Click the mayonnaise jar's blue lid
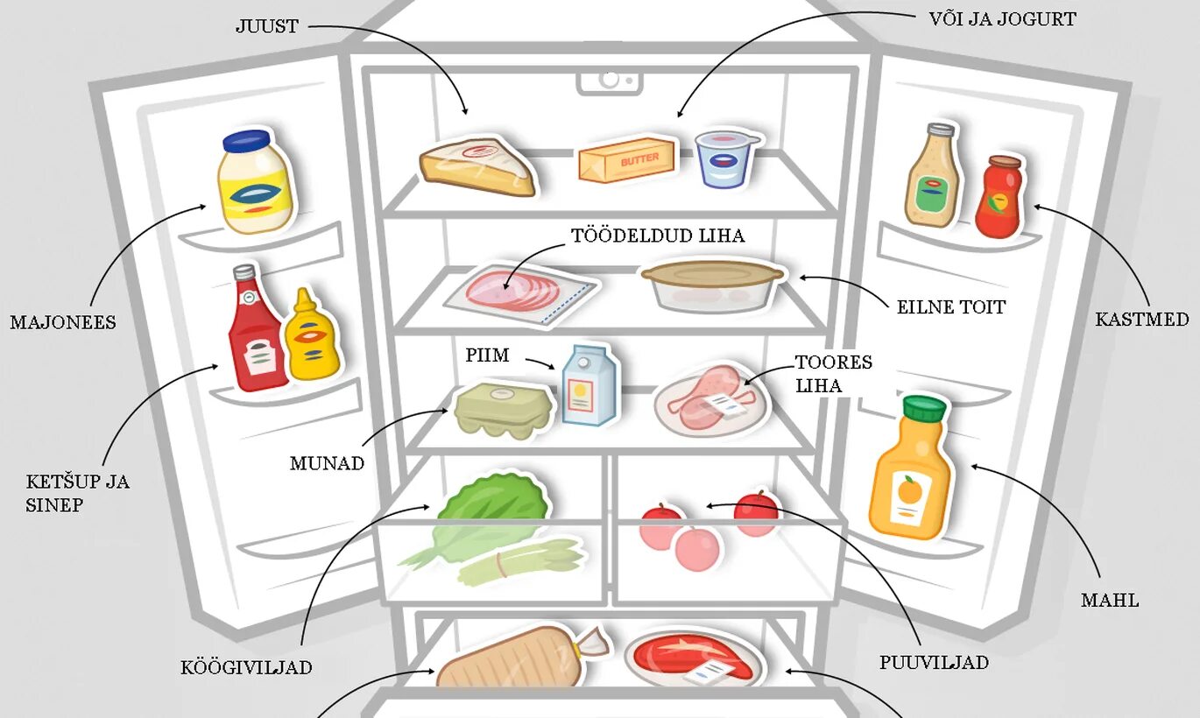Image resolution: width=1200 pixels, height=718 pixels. coord(247,142)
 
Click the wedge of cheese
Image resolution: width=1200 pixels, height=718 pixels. coord(477,166)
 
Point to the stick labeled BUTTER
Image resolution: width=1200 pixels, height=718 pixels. coord(626,160)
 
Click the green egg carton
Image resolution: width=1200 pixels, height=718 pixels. coord(503,408)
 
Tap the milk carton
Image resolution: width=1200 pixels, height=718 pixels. coord(589,385)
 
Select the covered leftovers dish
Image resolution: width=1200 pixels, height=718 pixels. coord(711,284)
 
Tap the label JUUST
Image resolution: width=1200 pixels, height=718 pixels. coord(267,26)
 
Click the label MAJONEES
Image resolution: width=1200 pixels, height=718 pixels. coord(63,322)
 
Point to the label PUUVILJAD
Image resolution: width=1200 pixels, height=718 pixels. coord(934,662)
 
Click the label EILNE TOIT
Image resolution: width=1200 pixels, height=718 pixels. coord(950,307)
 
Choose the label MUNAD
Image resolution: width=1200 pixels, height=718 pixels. coord(327,463)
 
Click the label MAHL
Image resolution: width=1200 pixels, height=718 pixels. coord(1110,601)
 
